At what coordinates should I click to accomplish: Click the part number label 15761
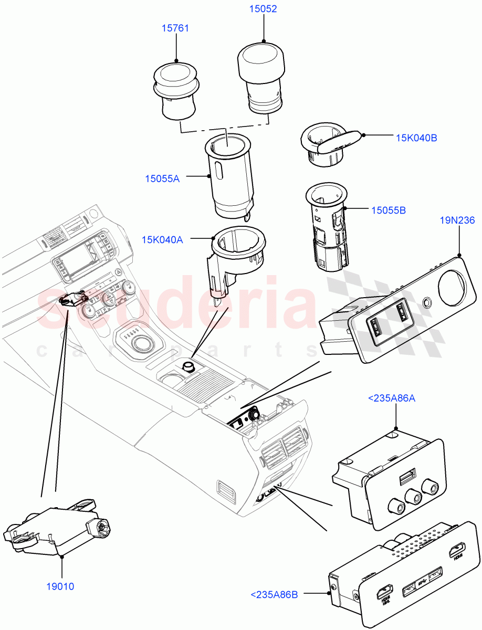[x=175, y=28]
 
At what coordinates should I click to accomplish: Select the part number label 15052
[x=263, y=9]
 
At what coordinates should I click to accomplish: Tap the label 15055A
[x=162, y=179]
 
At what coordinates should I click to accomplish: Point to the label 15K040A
[x=162, y=240]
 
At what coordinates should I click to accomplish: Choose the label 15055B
[x=388, y=210]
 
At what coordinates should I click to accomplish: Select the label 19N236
[x=458, y=220]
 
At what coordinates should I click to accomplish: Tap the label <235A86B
[x=274, y=595]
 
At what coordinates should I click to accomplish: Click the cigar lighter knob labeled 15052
[x=261, y=76]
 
